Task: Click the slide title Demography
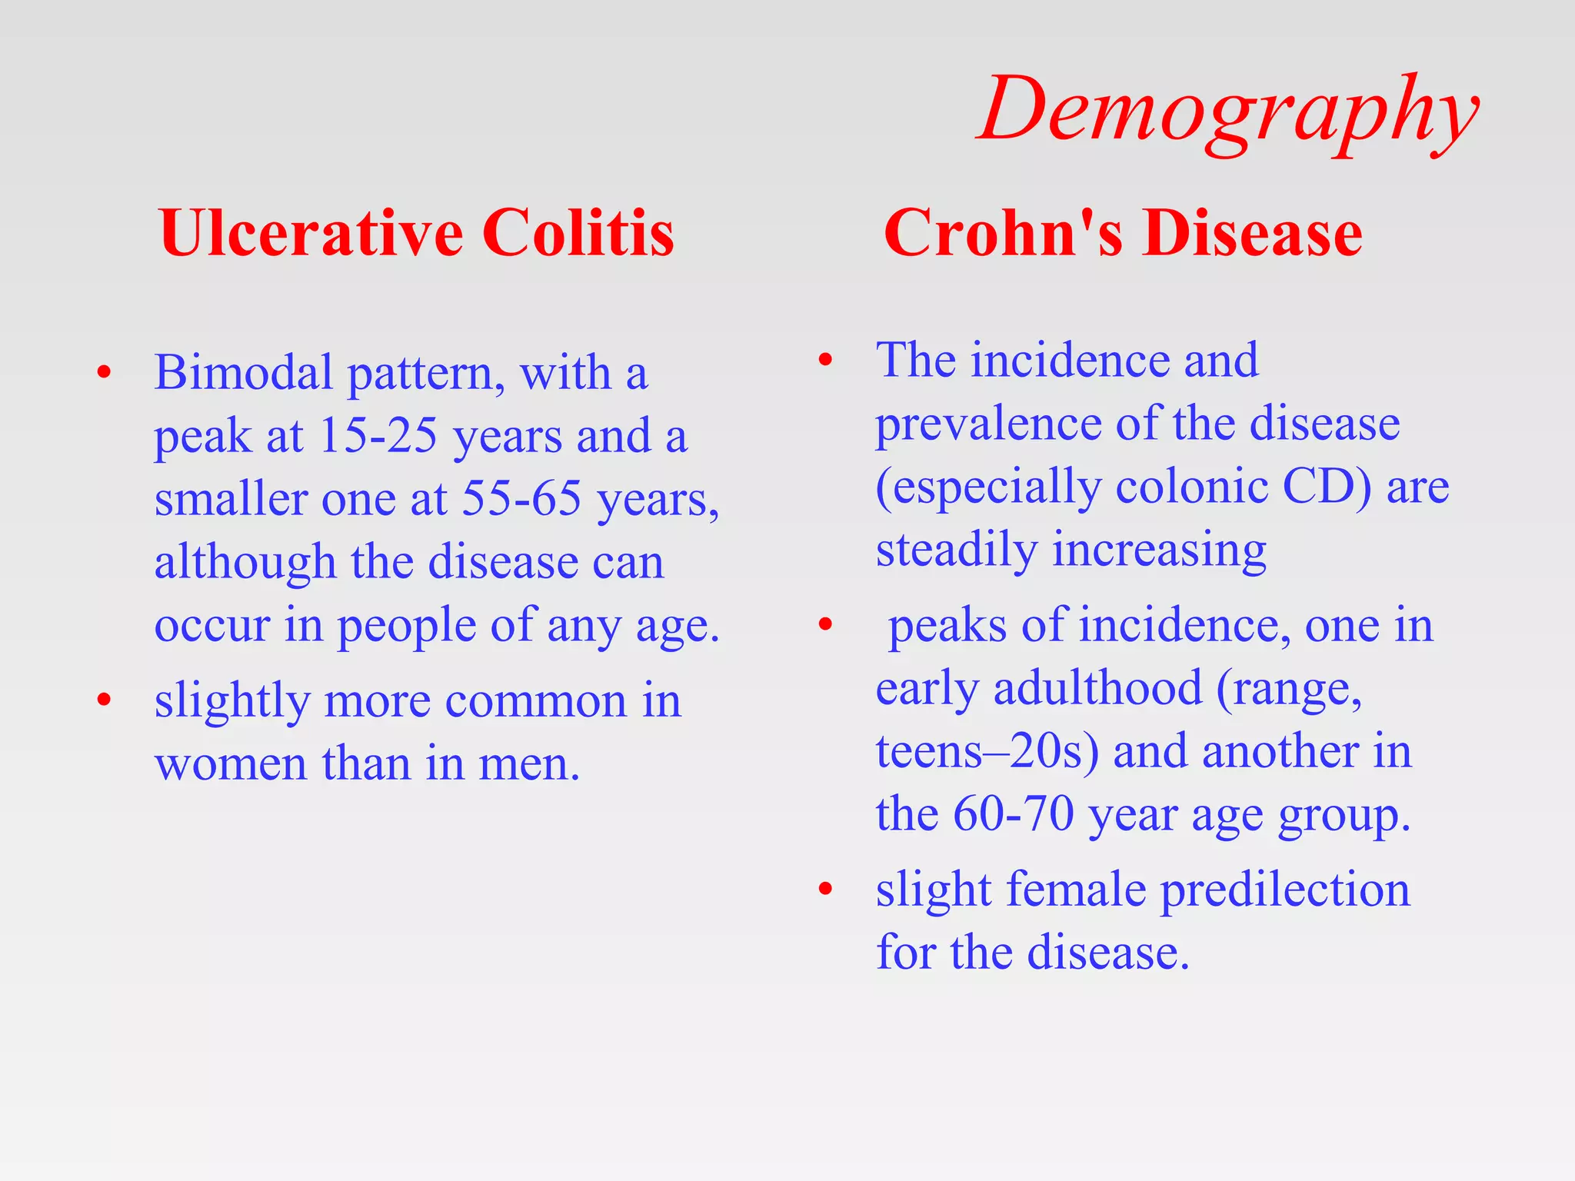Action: tap(1227, 111)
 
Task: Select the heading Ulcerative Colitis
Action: tap(416, 233)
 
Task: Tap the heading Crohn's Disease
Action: tap(1122, 233)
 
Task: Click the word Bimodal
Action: tap(242, 373)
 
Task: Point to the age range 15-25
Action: tap(378, 436)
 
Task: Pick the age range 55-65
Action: tap(521, 499)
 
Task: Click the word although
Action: tap(245, 562)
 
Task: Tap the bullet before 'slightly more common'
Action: tap(104, 700)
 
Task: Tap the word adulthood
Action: tap(1097, 688)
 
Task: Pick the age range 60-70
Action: tap(1013, 814)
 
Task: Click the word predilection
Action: tap(1284, 890)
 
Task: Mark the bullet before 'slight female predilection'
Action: tap(825, 890)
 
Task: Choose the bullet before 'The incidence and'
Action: tap(825, 360)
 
